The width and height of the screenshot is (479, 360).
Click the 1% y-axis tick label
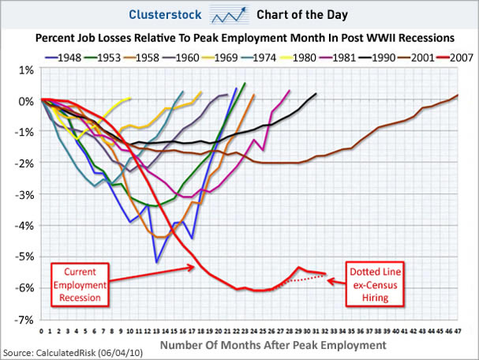[x=27, y=70]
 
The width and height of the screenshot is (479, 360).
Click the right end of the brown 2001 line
[x=458, y=95]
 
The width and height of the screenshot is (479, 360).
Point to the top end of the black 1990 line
[x=316, y=93]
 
